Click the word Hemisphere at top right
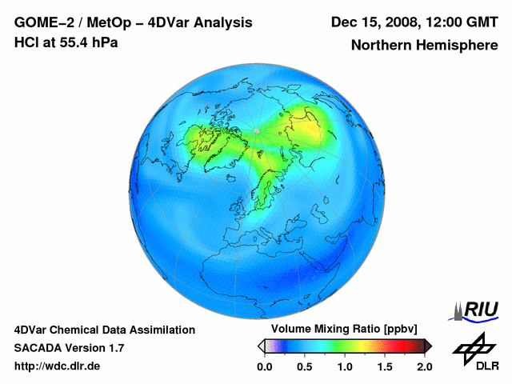pyautogui.click(x=456, y=46)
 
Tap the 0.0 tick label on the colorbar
pyautogui.click(x=265, y=367)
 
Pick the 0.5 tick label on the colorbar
pyautogui.click(x=305, y=367)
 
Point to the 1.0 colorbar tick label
pyautogui.click(x=345, y=367)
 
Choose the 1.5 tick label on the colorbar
pyautogui.click(x=385, y=367)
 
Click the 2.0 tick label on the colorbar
pyautogui.click(x=424, y=367)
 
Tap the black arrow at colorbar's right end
pyautogui.click(x=428, y=346)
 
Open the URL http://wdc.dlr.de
pyautogui.click(x=58, y=367)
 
